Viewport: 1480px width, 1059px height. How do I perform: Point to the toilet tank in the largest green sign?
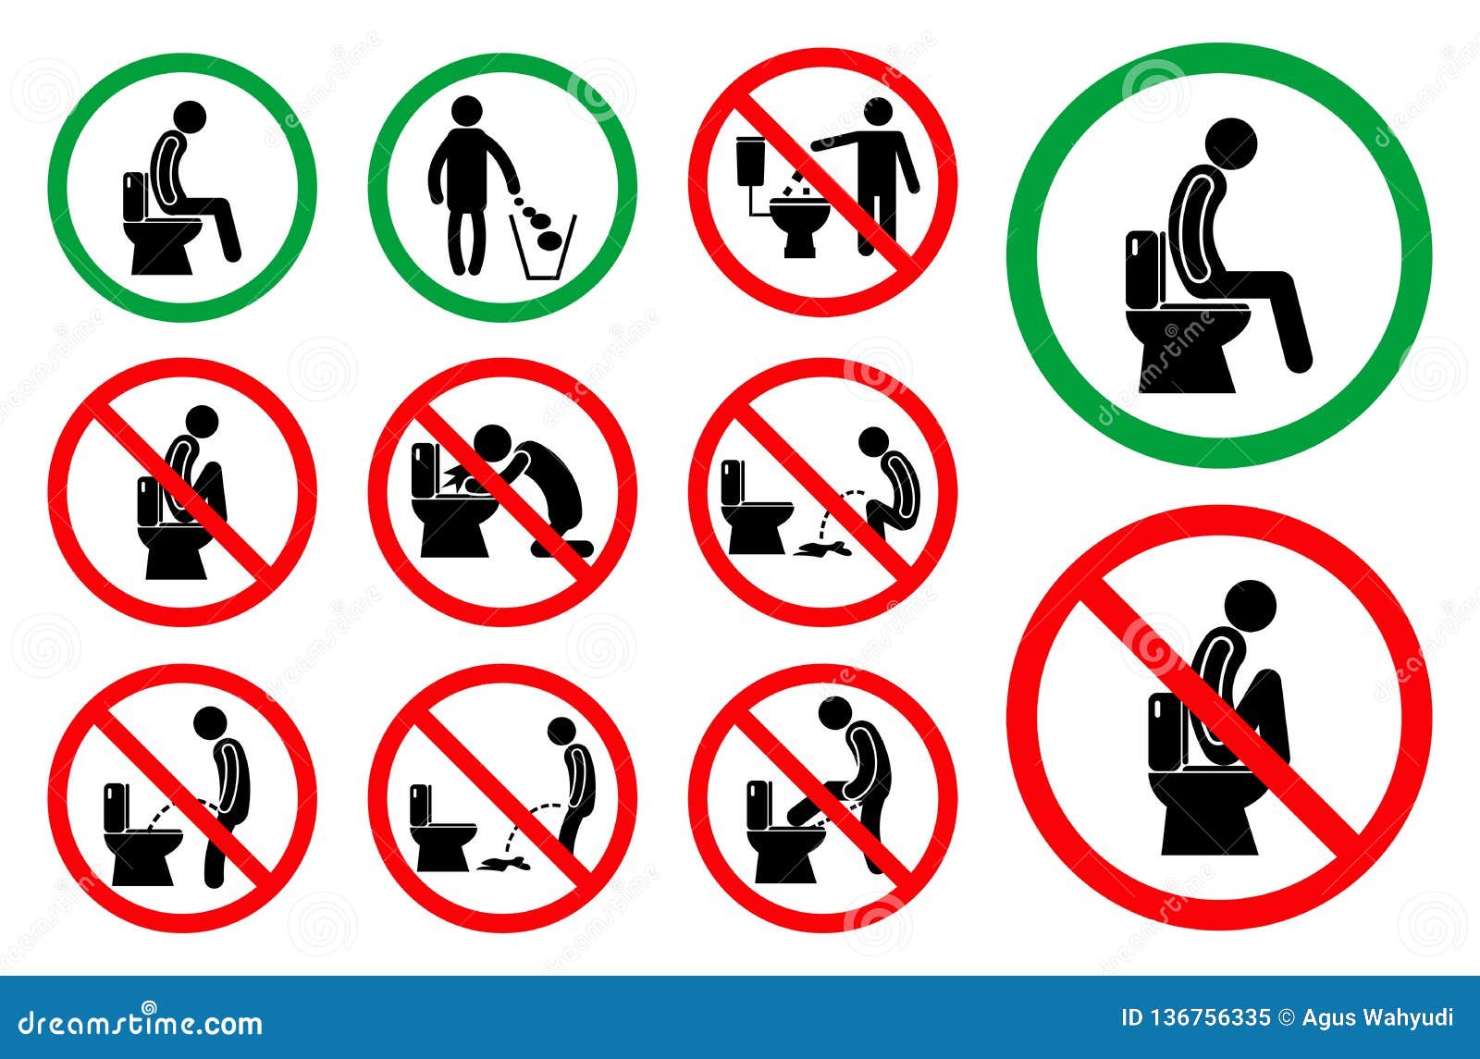click(x=1142, y=271)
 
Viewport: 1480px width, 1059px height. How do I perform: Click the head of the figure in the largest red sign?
click(x=1250, y=606)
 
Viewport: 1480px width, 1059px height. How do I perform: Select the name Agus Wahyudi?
click(x=1377, y=1018)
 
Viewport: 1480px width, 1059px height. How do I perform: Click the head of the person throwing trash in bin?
click(x=468, y=110)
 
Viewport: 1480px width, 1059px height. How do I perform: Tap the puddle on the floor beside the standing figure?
click(x=503, y=861)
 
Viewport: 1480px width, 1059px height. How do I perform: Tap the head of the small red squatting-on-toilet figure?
click(x=203, y=422)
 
